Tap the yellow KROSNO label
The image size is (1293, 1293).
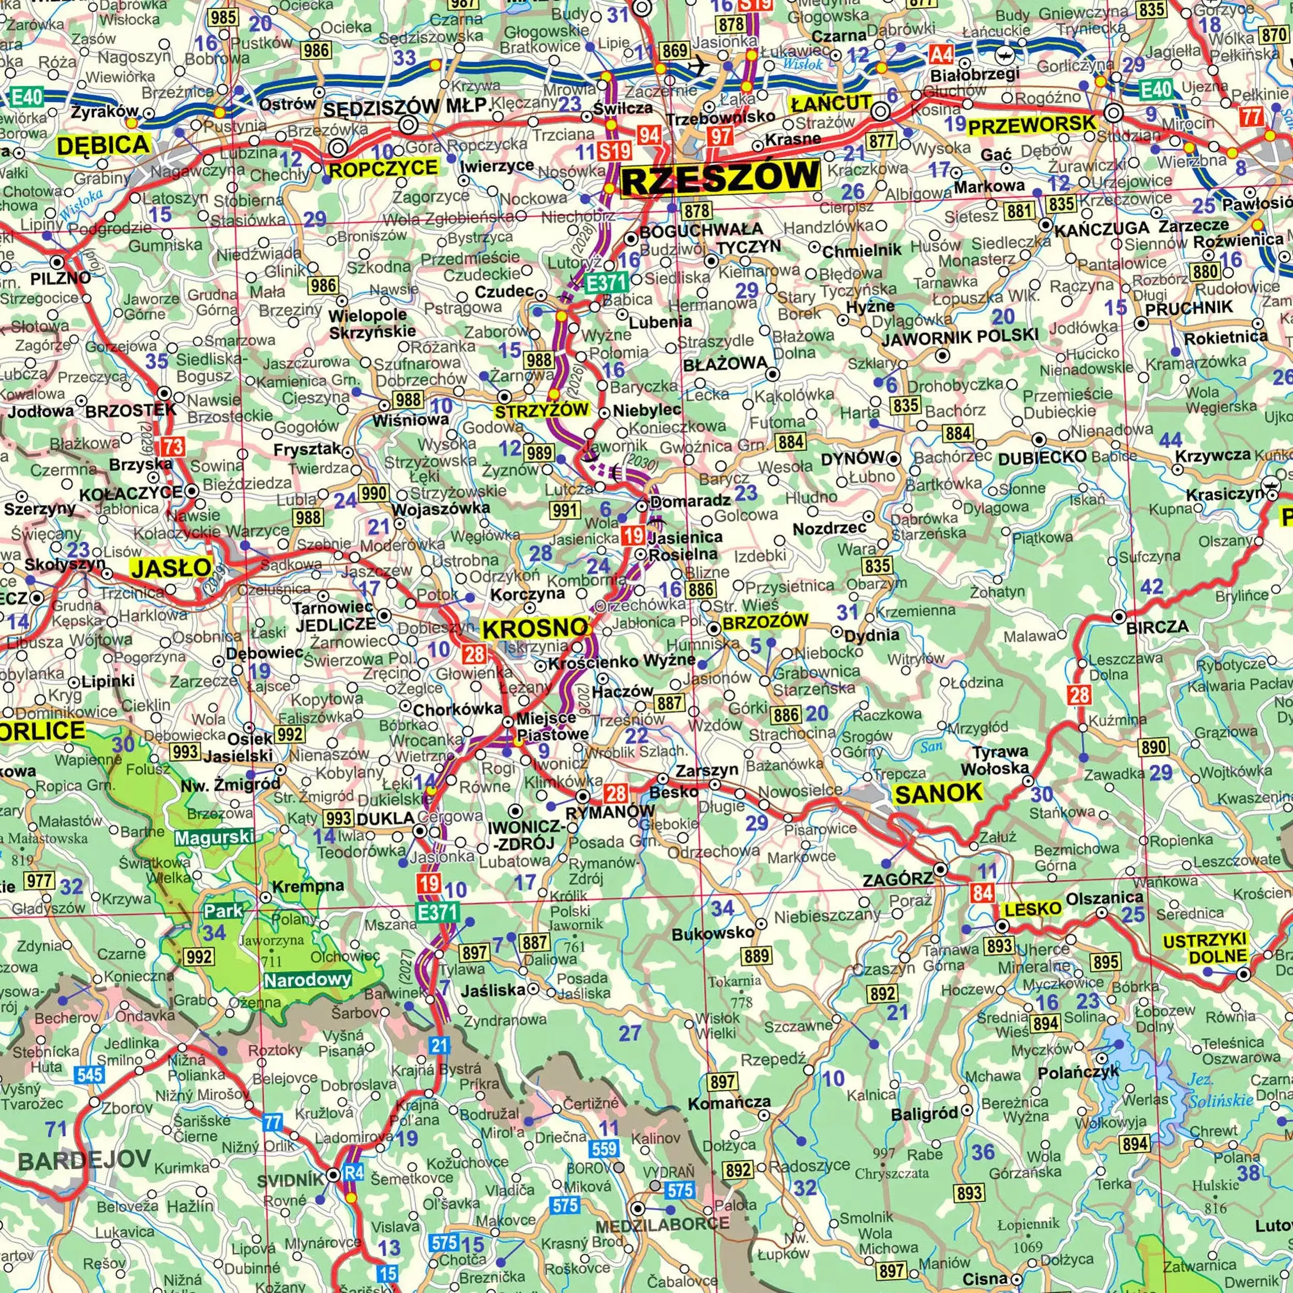click(535, 628)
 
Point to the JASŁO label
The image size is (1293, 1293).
click(170, 569)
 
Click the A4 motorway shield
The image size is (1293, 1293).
click(942, 54)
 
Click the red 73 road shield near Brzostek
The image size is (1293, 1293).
click(172, 446)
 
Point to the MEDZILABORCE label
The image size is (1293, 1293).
click(662, 1224)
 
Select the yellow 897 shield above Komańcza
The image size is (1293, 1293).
click(723, 1081)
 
